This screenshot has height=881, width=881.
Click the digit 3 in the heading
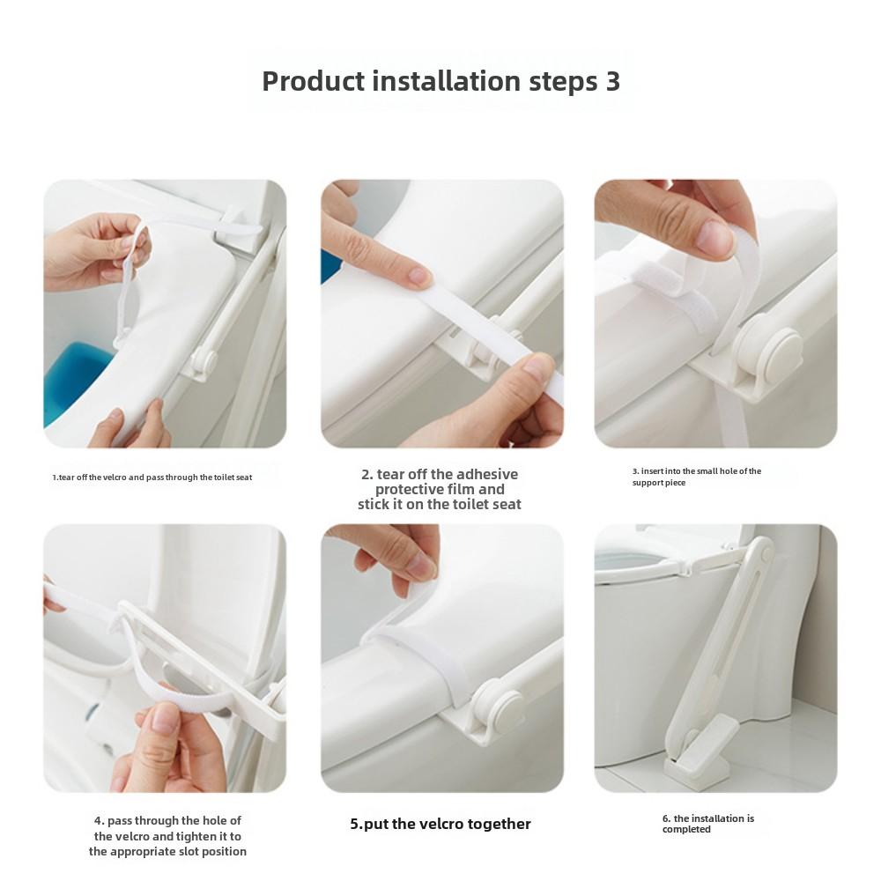[613, 81]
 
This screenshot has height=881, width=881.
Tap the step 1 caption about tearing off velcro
[152, 478]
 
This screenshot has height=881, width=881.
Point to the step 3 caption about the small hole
[697, 477]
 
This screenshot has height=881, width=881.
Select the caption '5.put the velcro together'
[440, 825]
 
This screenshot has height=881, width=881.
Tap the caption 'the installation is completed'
[708, 824]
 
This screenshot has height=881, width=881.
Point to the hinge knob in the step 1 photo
[204, 360]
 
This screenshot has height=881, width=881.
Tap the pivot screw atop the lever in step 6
[766, 555]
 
